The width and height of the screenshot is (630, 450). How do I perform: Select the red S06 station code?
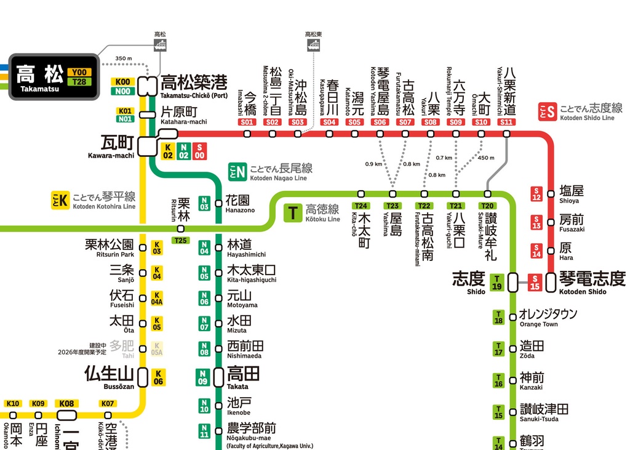point(380,122)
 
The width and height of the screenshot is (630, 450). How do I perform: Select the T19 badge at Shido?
point(497,283)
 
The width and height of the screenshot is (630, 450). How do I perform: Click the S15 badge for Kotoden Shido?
point(535,283)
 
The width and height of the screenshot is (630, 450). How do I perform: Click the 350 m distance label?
point(124,59)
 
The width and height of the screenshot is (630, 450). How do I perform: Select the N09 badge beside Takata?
point(202,377)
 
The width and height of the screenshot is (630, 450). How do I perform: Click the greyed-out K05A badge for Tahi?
point(157,349)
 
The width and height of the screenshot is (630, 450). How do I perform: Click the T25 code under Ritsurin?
point(181,240)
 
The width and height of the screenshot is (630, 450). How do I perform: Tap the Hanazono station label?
point(238,204)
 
